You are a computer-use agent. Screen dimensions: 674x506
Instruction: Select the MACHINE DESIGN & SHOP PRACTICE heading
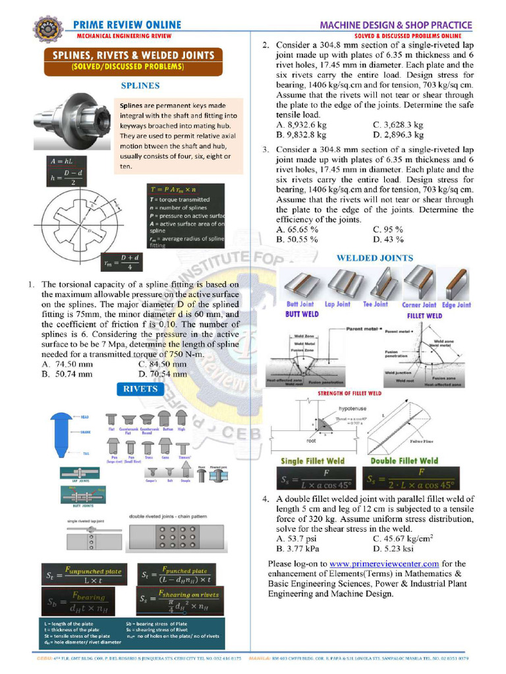(395, 24)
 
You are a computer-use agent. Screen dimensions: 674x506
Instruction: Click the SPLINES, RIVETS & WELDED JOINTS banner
(133, 56)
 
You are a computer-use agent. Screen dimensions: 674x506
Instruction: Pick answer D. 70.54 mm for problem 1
(163, 374)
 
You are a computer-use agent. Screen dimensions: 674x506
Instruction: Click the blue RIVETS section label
(140, 389)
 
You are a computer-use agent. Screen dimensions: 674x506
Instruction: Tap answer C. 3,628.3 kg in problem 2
(397, 124)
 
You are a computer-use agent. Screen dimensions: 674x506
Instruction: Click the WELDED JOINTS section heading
(375, 258)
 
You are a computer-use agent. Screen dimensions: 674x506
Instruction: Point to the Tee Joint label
(376, 305)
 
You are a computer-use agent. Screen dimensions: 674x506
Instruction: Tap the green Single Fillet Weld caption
(313, 461)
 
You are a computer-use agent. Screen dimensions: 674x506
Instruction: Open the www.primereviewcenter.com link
(384, 563)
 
